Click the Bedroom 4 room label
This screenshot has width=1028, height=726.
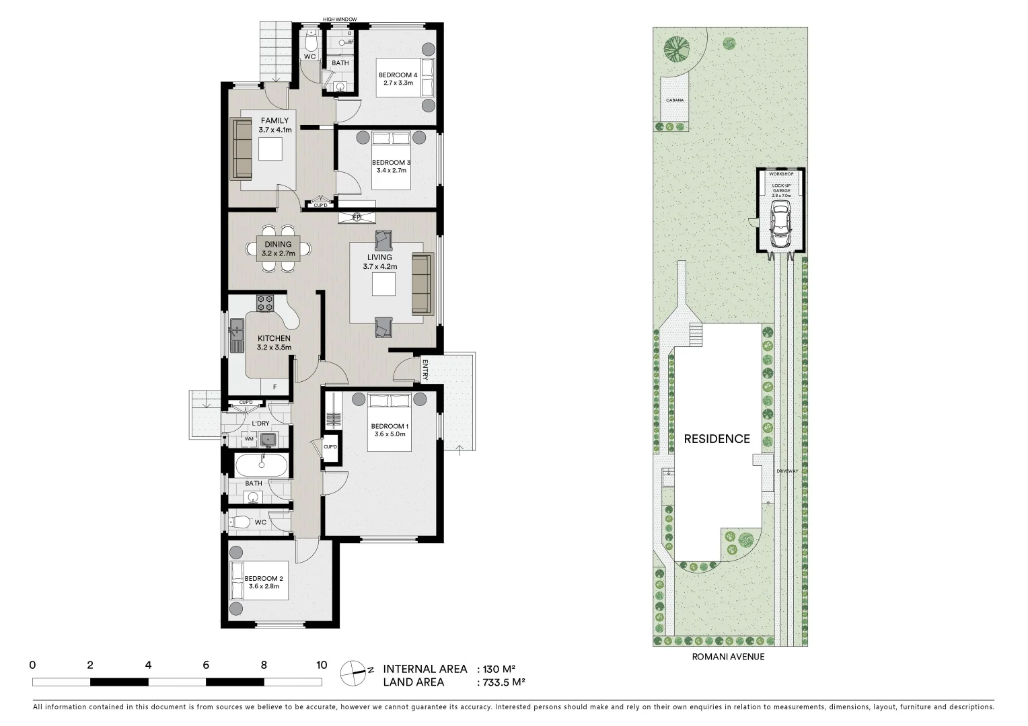pyautogui.click(x=398, y=75)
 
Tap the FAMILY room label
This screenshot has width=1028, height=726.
pyautogui.click(x=274, y=121)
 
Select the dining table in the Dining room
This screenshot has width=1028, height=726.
pyautogui.click(x=278, y=249)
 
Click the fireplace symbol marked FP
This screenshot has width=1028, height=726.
pyautogui.click(x=357, y=216)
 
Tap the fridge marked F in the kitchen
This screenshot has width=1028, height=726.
pyautogui.click(x=274, y=387)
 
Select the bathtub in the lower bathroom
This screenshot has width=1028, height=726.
pyautogui.click(x=261, y=465)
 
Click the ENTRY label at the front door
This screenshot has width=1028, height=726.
pyautogui.click(x=425, y=369)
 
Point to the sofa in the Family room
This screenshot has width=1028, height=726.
pyautogui.click(x=241, y=149)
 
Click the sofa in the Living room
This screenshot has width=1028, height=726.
pyautogui.click(x=421, y=284)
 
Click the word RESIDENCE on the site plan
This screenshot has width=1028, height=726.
pyautogui.click(x=717, y=439)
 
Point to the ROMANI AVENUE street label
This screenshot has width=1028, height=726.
pyautogui.click(x=728, y=657)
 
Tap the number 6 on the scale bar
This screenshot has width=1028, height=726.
pyautogui.click(x=206, y=665)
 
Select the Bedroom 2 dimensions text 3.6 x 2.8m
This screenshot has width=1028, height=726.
pyautogui.click(x=264, y=586)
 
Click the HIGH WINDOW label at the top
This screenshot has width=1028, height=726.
pyautogui.click(x=340, y=19)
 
